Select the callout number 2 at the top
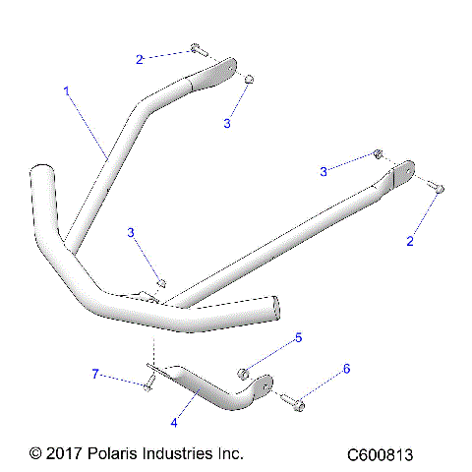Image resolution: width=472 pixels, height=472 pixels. [140, 59]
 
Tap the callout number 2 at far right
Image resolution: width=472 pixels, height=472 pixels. [411, 240]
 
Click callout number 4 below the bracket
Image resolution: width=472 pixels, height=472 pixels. [174, 423]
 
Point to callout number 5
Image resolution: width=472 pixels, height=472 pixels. [299, 337]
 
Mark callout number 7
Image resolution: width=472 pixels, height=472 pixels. [95, 374]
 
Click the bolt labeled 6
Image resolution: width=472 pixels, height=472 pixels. [293, 400]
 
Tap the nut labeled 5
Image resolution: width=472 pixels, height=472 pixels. [244, 372]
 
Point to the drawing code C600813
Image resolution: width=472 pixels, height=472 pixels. [379, 455]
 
